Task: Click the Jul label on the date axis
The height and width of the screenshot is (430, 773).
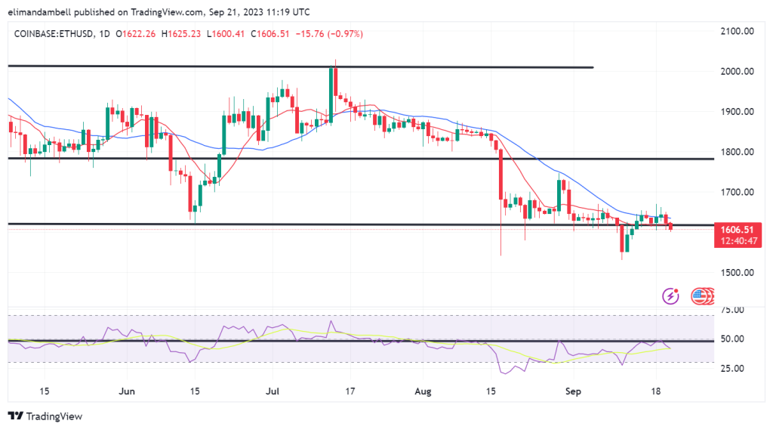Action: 274,392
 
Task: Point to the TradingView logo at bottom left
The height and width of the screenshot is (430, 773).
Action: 45,416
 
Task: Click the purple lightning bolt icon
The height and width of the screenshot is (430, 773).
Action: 670,296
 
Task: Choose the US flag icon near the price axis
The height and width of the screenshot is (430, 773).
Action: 701,296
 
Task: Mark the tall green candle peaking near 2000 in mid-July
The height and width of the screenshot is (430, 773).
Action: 331,95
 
